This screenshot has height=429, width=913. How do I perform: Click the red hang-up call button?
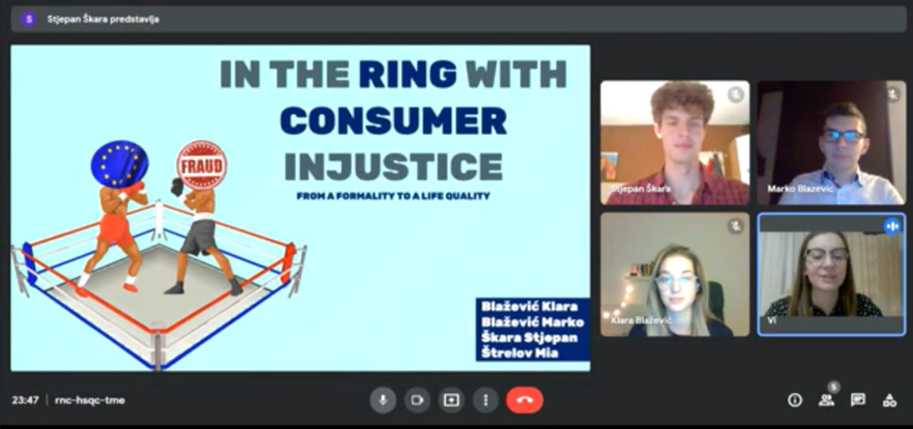point(524,400)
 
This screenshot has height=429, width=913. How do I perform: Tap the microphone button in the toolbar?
point(383,400)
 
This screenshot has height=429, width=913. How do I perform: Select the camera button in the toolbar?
point(417,400)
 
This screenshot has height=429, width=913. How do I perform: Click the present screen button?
point(451,400)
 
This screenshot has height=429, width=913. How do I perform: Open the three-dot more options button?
point(486,400)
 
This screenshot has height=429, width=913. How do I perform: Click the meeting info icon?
point(794,400)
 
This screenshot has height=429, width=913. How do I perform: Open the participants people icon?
point(827,400)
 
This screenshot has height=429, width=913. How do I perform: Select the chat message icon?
point(858,400)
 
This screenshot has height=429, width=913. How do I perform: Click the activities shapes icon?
point(889,400)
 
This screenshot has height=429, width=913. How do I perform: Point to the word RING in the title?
point(407,73)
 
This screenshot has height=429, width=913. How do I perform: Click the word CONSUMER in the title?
point(393,120)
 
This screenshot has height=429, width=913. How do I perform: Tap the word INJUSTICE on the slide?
point(393,166)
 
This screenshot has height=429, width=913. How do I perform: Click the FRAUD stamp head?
point(201,165)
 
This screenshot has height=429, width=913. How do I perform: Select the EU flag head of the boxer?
point(119,164)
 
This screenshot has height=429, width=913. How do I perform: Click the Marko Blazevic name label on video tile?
point(800,188)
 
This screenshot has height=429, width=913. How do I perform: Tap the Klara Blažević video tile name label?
point(641,321)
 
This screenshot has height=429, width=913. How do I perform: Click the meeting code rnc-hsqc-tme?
point(90,400)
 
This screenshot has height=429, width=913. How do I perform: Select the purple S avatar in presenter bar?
point(29,20)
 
